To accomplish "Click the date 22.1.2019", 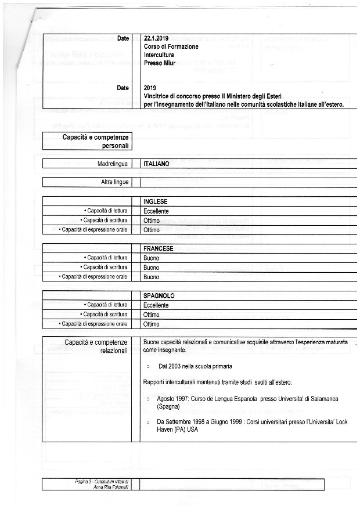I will point(156,38).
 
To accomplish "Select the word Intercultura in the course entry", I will point(159,55).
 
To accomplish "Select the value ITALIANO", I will point(156,164).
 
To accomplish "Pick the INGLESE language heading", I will point(155,201).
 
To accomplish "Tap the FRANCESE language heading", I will point(159,248).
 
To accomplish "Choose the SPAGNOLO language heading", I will point(159,296).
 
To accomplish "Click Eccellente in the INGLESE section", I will point(156,211).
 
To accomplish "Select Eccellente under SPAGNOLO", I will point(156,305).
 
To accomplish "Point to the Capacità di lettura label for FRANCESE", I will point(106,258).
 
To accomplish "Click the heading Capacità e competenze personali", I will point(95,141).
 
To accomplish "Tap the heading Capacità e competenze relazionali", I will point(96,347).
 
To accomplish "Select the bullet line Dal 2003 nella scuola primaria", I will point(195,367).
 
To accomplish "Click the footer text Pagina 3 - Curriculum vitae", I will point(102,482).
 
